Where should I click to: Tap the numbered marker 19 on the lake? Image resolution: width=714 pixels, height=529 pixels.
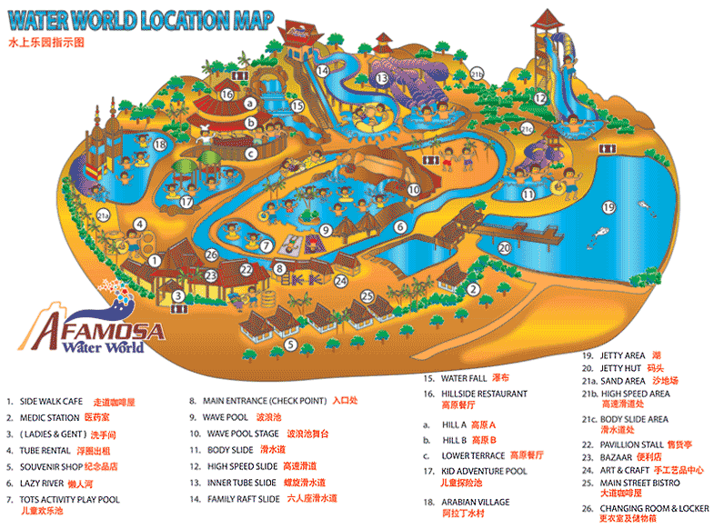pyautogui.click(x=608, y=207)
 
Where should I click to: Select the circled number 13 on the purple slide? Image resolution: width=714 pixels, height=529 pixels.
pyautogui.click(x=382, y=79)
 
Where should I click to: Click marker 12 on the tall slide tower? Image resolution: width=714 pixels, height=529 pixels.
pyautogui.click(x=540, y=98)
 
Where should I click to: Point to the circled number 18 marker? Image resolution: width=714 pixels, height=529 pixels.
pyautogui.click(x=160, y=144)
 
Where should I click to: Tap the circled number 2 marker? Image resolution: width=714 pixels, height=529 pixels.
pyautogui.click(x=473, y=290)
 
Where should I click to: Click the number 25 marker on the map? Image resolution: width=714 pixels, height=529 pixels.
pyautogui.click(x=367, y=295)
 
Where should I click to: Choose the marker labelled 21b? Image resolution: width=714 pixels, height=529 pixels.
pyautogui.click(x=477, y=75)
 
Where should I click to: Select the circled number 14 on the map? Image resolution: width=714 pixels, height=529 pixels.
pyautogui.click(x=323, y=69)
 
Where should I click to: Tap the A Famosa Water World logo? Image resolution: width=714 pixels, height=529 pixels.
pyautogui.click(x=91, y=327)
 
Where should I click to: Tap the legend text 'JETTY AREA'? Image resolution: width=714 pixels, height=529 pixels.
pyautogui.click(x=622, y=355)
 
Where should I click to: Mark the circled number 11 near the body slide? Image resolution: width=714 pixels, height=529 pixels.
pyautogui.click(x=528, y=194)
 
